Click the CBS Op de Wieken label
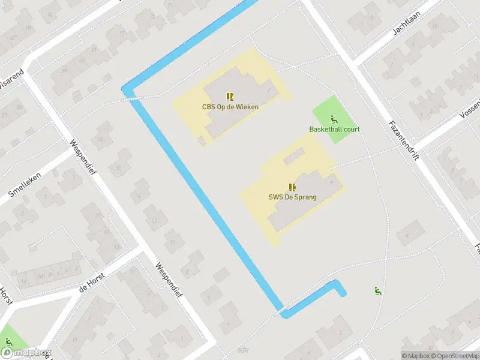click(230, 107)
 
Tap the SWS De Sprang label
click(292, 197)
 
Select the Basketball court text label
click(334, 129)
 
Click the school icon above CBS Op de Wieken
click(230, 96)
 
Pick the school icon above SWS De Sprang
click(292, 187)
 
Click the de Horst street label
click(92, 283)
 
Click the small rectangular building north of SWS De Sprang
click(294, 158)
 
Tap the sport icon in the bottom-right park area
click(378, 292)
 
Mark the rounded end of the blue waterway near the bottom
click(342, 293)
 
